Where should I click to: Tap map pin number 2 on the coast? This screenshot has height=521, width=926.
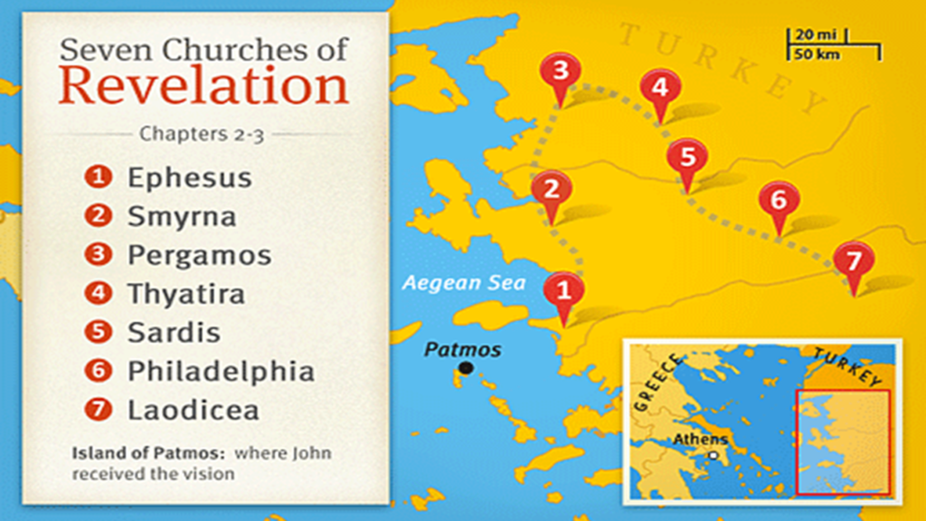coord(551,192)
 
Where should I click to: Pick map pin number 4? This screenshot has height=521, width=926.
coord(659,90)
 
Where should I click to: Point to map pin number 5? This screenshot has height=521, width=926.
coord(687,157)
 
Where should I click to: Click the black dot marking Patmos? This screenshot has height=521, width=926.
coord(466,367)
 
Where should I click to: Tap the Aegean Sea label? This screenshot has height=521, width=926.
coord(464,282)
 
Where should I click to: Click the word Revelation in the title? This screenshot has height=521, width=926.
coord(204,87)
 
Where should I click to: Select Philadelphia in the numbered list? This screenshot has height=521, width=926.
coord(221,371)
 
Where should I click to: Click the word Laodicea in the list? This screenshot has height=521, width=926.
coord(193,410)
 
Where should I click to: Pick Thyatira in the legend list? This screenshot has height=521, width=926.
coord(186,294)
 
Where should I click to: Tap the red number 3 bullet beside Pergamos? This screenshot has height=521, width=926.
coord(97,255)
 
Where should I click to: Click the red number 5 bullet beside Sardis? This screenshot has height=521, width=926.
coord(97,332)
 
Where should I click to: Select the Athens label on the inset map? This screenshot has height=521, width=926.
coord(699,440)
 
